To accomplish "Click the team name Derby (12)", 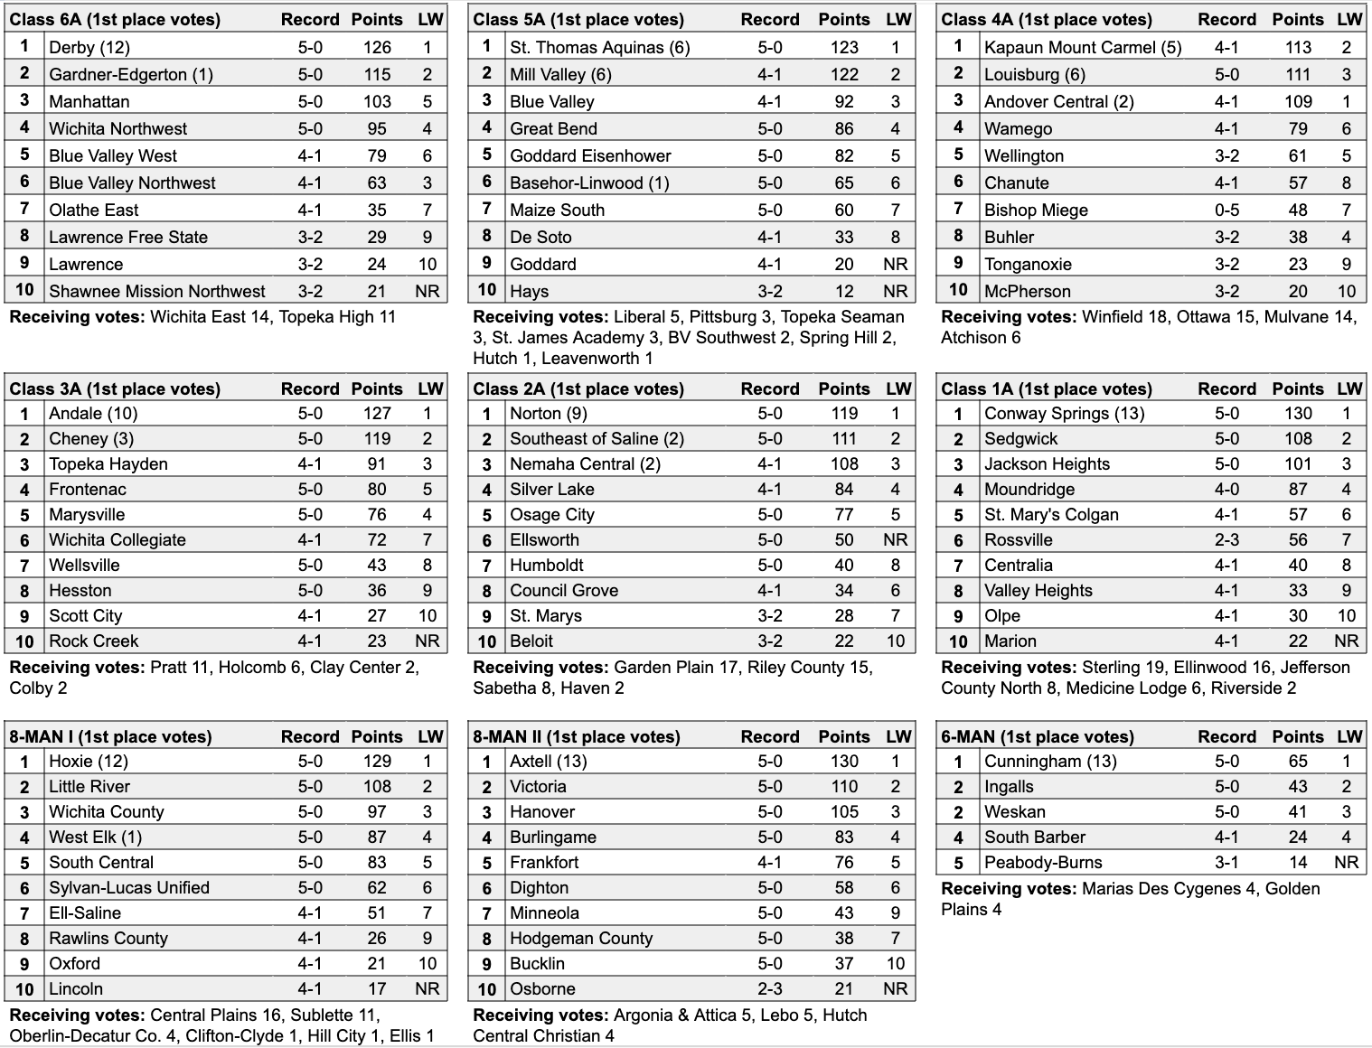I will click(x=89, y=48).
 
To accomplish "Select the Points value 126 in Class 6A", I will click(x=377, y=48).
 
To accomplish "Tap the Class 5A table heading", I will click(x=578, y=19).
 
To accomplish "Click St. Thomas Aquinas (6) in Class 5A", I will click(x=599, y=48).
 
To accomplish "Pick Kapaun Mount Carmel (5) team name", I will click(x=1082, y=48).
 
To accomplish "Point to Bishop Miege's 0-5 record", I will click(x=1226, y=211).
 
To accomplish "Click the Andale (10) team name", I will click(x=93, y=414).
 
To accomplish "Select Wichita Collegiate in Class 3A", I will click(x=117, y=540).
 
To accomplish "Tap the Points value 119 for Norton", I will click(x=844, y=414).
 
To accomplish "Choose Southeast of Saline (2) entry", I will click(x=597, y=439).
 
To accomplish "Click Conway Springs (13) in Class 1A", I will click(x=1064, y=414).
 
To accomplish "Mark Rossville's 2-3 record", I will click(x=1226, y=540).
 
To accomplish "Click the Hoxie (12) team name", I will click(x=89, y=762).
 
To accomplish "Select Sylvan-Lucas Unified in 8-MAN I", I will click(x=129, y=888).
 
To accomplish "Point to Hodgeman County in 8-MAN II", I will click(x=580, y=939).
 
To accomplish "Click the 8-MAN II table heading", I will click(x=576, y=736).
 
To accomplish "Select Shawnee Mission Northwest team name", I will click(x=157, y=292).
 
